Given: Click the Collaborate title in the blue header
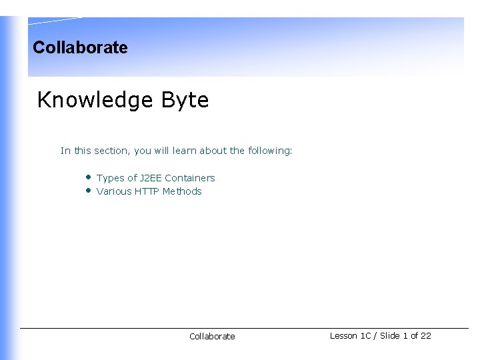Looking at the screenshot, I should (x=80, y=47).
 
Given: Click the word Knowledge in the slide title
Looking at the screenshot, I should (x=95, y=100).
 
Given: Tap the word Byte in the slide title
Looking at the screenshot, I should (x=184, y=100).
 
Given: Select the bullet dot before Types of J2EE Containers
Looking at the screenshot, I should (x=87, y=177).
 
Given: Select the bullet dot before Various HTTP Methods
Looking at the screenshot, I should (x=87, y=191).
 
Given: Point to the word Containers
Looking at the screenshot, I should (x=190, y=178).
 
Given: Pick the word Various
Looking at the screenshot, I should (x=113, y=191).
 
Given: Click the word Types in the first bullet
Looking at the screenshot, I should (x=110, y=178).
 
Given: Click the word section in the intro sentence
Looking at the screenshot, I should (x=112, y=151).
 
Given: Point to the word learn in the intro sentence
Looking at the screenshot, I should (x=184, y=151).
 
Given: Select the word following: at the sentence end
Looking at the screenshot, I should (x=270, y=151).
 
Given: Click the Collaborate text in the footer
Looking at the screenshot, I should (x=212, y=337).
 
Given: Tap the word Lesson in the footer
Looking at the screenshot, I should (x=343, y=336).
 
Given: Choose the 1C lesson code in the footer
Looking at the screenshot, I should (x=365, y=336).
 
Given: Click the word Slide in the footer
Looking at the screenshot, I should (x=389, y=336).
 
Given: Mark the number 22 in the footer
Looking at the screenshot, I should (x=426, y=336).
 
